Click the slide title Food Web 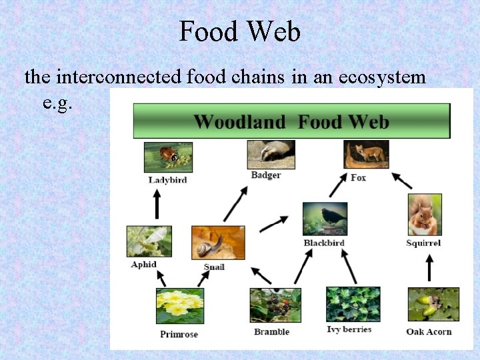tap(239, 31)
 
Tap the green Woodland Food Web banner tap(291, 121)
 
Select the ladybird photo tap(168, 157)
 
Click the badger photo tap(271, 155)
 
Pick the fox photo tap(366, 155)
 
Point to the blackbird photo tap(325, 219)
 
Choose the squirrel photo tap(425, 215)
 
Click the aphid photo tap(149, 241)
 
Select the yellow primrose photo tap(179, 306)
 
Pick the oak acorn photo tap(433, 305)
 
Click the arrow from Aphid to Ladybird tap(157, 203)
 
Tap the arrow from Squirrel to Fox tap(401, 180)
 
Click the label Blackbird tap(324, 243)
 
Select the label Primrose tap(179, 335)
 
